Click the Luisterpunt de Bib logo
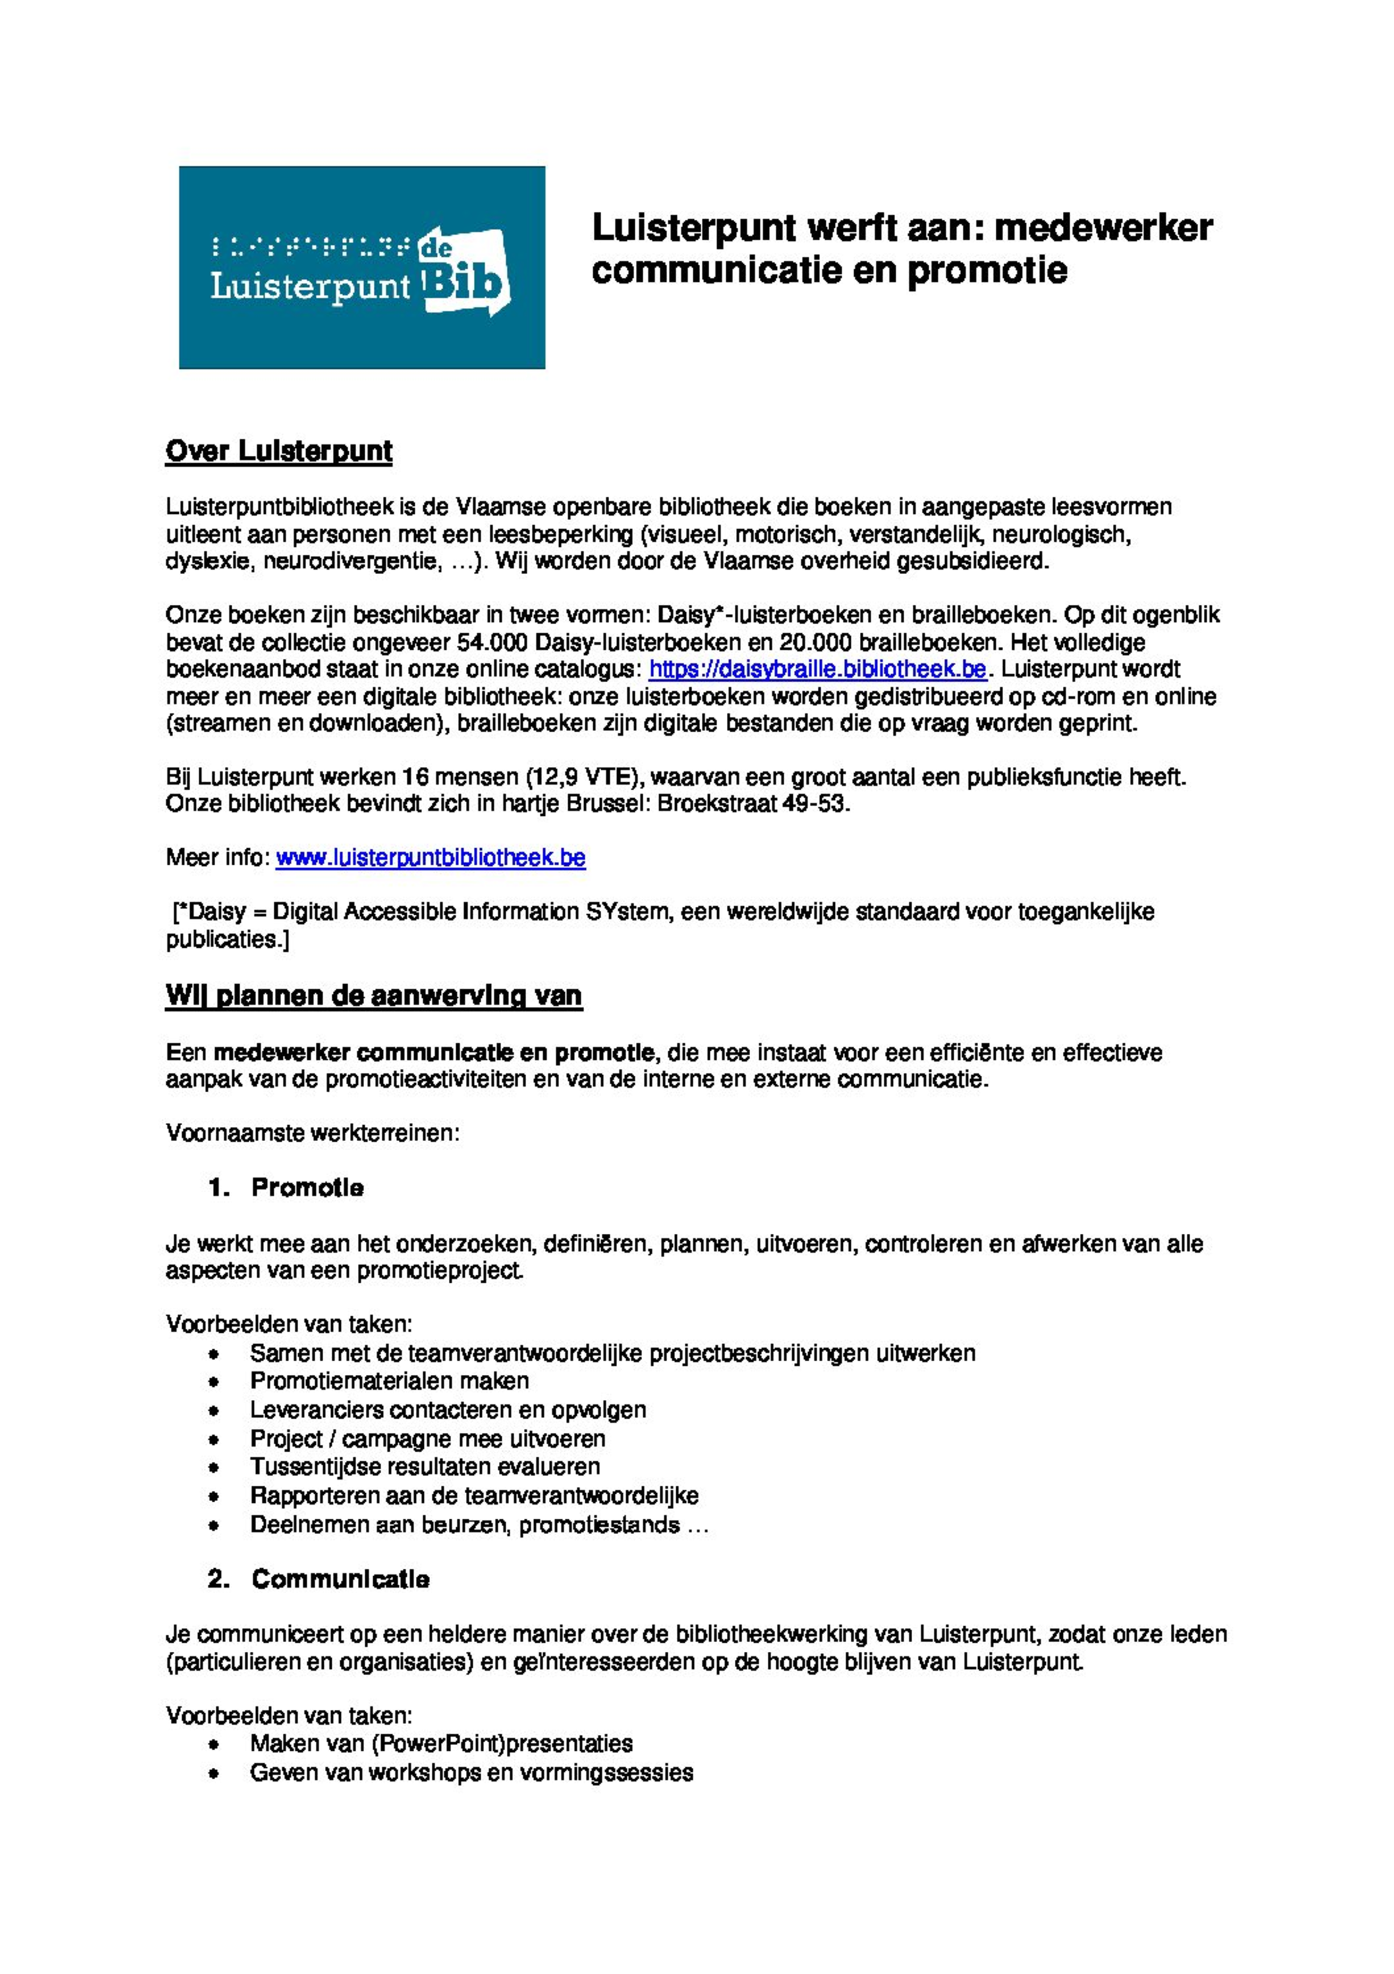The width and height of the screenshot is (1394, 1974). click(x=361, y=267)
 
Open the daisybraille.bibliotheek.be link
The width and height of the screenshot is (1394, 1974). click(x=817, y=669)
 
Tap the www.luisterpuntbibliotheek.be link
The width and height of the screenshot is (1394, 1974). click(x=431, y=857)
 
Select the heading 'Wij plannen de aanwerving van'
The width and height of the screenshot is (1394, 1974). click(x=374, y=996)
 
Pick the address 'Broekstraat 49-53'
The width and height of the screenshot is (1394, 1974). click(x=753, y=803)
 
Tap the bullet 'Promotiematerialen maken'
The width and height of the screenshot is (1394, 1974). click(x=389, y=1381)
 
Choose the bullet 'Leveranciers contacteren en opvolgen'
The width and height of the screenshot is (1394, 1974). click(x=448, y=1410)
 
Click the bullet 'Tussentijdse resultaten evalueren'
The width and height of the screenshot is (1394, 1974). click(x=424, y=1467)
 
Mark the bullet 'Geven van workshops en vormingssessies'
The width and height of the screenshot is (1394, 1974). click(x=471, y=1772)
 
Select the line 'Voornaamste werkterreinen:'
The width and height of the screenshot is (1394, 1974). click(x=313, y=1133)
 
